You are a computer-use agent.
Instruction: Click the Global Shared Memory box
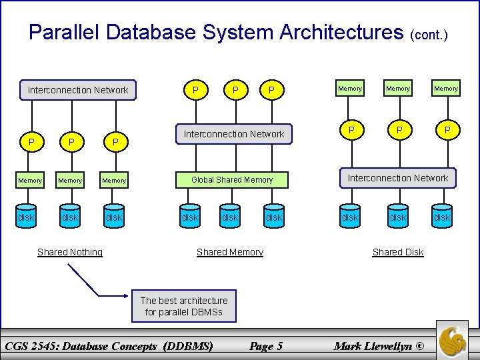[x=232, y=179]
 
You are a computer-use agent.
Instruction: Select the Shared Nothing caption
[x=70, y=252]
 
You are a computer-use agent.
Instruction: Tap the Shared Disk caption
[x=398, y=252]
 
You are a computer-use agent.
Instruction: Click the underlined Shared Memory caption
[x=230, y=252]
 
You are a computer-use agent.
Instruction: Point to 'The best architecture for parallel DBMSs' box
[x=184, y=306]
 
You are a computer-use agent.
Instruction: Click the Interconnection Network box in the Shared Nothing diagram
[x=78, y=90]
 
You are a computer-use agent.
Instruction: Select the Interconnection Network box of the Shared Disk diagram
[x=398, y=178]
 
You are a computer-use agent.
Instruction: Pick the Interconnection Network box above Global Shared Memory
[x=233, y=134]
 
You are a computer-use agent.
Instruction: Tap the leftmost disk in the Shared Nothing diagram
[x=26, y=217]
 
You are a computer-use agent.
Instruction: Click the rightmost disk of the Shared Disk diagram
[x=442, y=217]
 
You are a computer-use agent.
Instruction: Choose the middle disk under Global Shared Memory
[x=230, y=217]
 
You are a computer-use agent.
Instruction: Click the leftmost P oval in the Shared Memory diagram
[x=195, y=90]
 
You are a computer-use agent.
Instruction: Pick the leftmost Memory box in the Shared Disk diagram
[x=350, y=88]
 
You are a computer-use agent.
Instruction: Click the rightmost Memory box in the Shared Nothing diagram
[x=114, y=180]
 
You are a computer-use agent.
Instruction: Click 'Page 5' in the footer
[x=265, y=345]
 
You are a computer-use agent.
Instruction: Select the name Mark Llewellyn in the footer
[x=378, y=345]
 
